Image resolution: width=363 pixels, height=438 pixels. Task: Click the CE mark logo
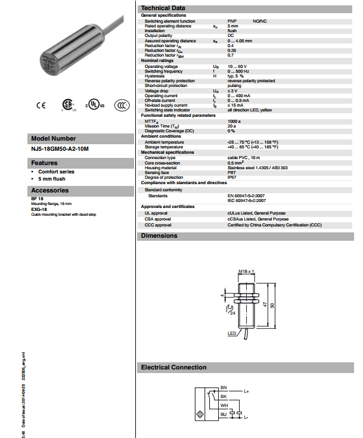(x=41, y=105)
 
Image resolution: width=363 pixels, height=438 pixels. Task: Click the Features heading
(x=45, y=163)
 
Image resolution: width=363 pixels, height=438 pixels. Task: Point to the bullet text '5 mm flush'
(x=52, y=178)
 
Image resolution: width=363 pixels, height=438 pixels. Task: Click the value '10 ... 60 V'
(x=238, y=66)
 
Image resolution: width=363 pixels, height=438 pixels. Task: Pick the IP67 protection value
(x=232, y=178)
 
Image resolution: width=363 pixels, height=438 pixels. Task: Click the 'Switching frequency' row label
(x=163, y=71)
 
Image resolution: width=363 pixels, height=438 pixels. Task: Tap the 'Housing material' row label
(x=160, y=168)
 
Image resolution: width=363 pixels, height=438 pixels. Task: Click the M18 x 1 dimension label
(x=247, y=271)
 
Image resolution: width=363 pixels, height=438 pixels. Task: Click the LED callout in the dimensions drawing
(x=232, y=333)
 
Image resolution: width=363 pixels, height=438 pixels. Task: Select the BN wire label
(x=224, y=387)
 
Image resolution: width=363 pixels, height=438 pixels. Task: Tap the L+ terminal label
(x=246, y=392)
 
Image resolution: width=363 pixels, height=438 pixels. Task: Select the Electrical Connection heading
(x=173, y=368)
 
